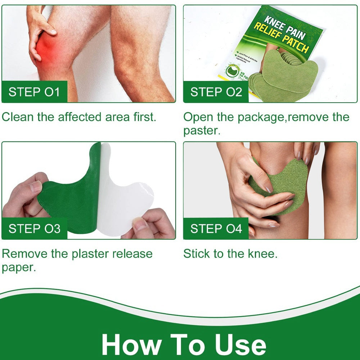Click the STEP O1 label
click(x=34, y=92)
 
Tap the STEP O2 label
click(x=216, y=92)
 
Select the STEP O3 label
click(x=34, y=229)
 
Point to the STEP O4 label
click(x=216, y=229)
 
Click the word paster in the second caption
click(x=202, y=131)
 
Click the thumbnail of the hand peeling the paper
click(x=89, y=190)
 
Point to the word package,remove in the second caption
click(x=279, y=117)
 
